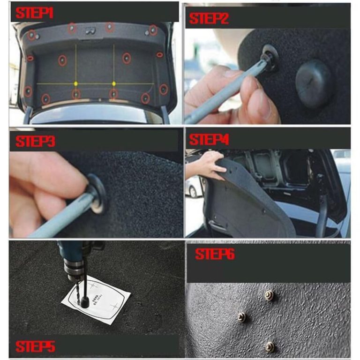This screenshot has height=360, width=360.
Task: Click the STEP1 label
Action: pyautogui.click(x=34, y=13)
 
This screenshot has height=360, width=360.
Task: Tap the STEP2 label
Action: pyautogui.click(x=209, y=19)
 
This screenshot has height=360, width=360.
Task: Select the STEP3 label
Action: pyautogui.click(x=34, y=142)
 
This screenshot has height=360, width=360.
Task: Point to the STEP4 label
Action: pyautogui.click(x=209, y=140)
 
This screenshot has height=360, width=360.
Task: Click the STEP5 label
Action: pyautogui.click(x=35, y=346)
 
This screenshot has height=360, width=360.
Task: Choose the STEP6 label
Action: pyautogui.click(x=215, y=255)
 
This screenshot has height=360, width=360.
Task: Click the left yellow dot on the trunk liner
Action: pyautogui.click(x=75, y=83)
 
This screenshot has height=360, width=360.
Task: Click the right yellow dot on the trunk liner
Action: pyautogui.click(x=113, y=83)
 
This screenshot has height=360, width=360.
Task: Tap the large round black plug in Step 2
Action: pyautogui.click(x=314, y=82)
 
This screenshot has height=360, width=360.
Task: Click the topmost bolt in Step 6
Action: pyautogui.click(x=269, y=295)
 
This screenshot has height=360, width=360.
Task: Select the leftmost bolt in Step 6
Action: pyautogui.click(x=241, y=316)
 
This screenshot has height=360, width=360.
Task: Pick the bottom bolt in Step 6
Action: pyautogui.click(x=270, y=346)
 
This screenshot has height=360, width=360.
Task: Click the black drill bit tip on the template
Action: pyautogui.click(x=84, y=303)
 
